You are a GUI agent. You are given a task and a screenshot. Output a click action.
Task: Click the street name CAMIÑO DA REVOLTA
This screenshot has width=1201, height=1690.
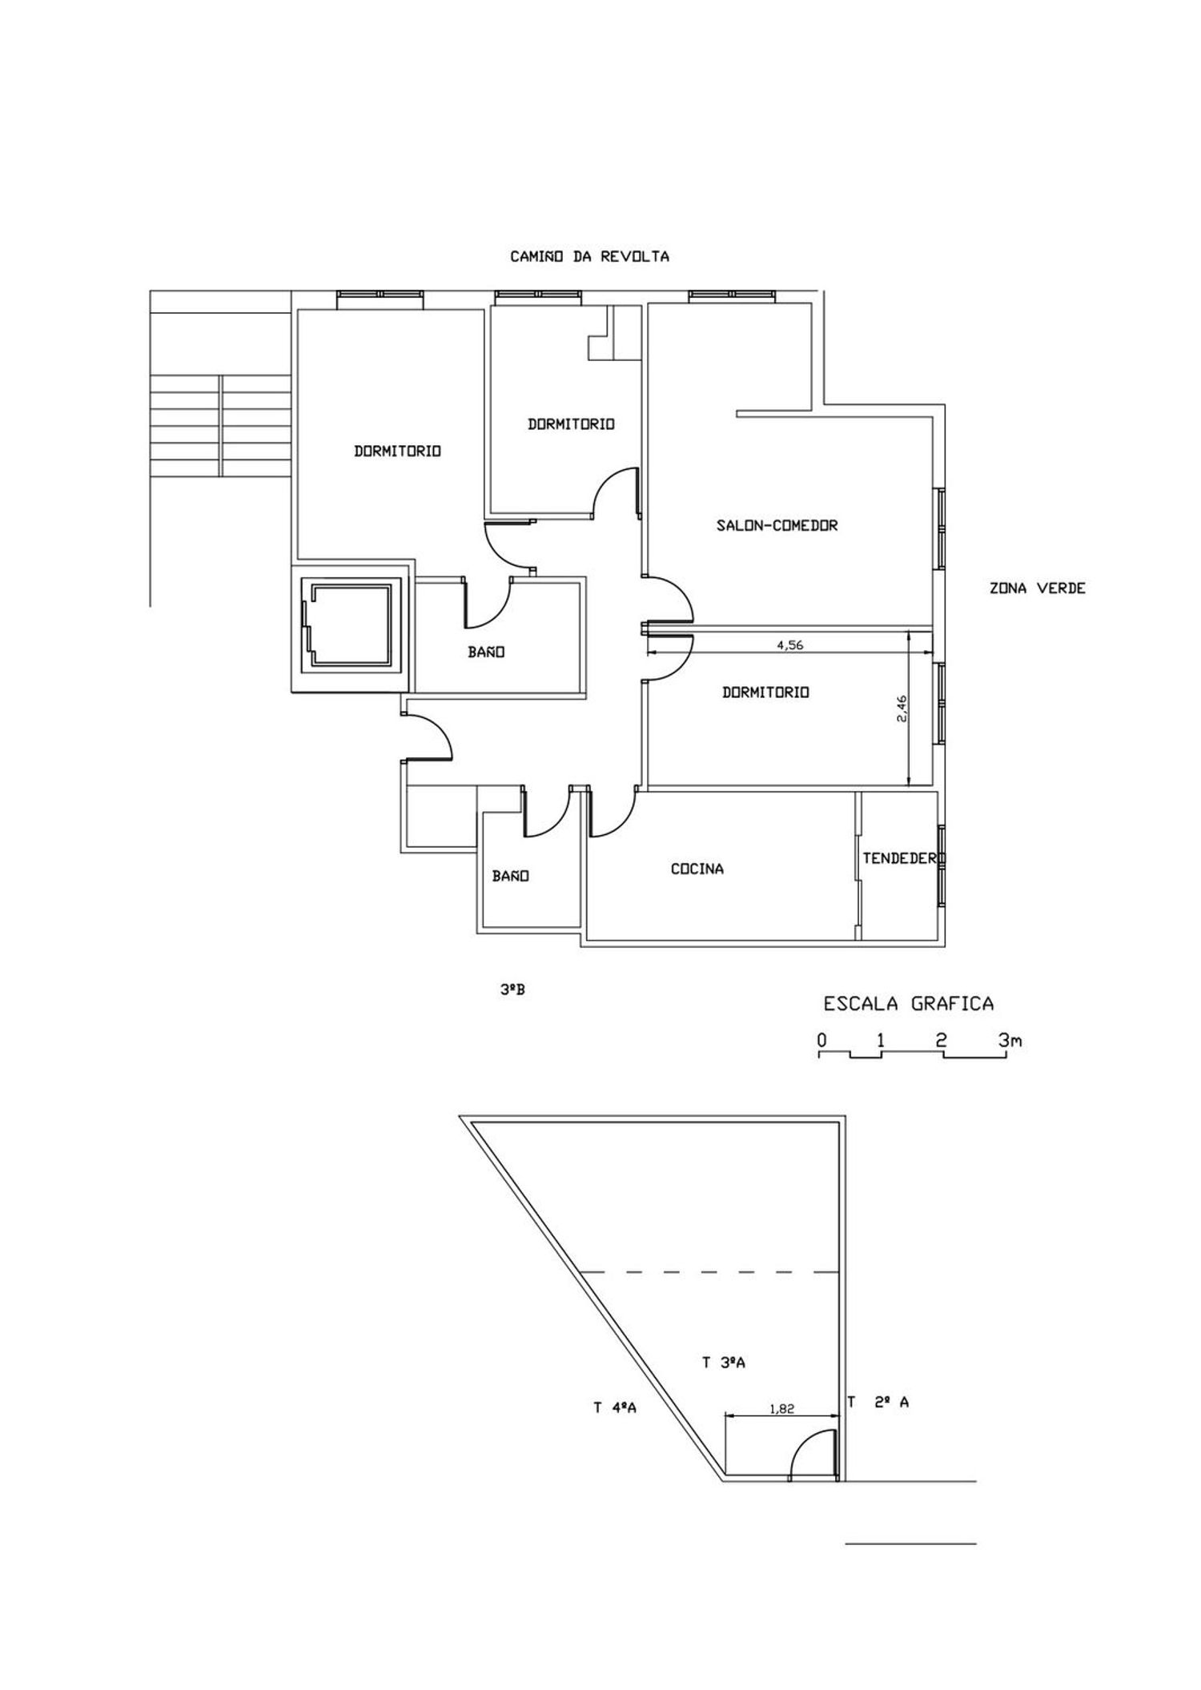click(x=589, y=257)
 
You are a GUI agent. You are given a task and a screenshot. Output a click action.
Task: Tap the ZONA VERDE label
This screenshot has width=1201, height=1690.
click(x=1038, y=588)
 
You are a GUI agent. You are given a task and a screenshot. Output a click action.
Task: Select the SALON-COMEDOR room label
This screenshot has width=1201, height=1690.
click(x=777, y=526)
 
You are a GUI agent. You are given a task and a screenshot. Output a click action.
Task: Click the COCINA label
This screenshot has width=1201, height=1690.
click(x=697, y=869)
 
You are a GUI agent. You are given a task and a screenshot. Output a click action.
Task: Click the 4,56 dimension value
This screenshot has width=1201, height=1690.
click(x=790, y=646)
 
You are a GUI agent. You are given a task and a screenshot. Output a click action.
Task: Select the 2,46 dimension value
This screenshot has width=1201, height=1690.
click(x=902, y=709)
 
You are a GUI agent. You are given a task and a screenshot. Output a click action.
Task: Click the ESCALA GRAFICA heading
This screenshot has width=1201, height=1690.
click(x=909, y=1003)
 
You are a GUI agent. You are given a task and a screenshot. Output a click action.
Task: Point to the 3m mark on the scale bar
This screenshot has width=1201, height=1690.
click(x=1010, y=1041)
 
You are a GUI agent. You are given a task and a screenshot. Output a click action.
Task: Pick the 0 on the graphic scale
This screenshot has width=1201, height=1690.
click(x=821, y=1041)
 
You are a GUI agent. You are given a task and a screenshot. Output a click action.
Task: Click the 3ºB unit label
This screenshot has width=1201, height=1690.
click(x=512, y=990)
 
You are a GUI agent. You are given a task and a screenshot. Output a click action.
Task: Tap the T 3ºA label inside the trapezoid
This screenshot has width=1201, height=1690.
click(x=724, y=1363)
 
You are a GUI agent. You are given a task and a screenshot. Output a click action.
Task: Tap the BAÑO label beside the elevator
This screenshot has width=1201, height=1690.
click(x=487, y=652)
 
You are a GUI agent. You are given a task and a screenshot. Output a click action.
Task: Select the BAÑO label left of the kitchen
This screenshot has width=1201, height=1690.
click(x=511, y=877)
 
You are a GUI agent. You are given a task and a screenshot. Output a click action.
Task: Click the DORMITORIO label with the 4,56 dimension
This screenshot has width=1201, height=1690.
click(x=765, y=692)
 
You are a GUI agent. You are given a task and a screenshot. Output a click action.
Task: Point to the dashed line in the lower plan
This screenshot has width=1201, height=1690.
click(x=708, y=1271)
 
